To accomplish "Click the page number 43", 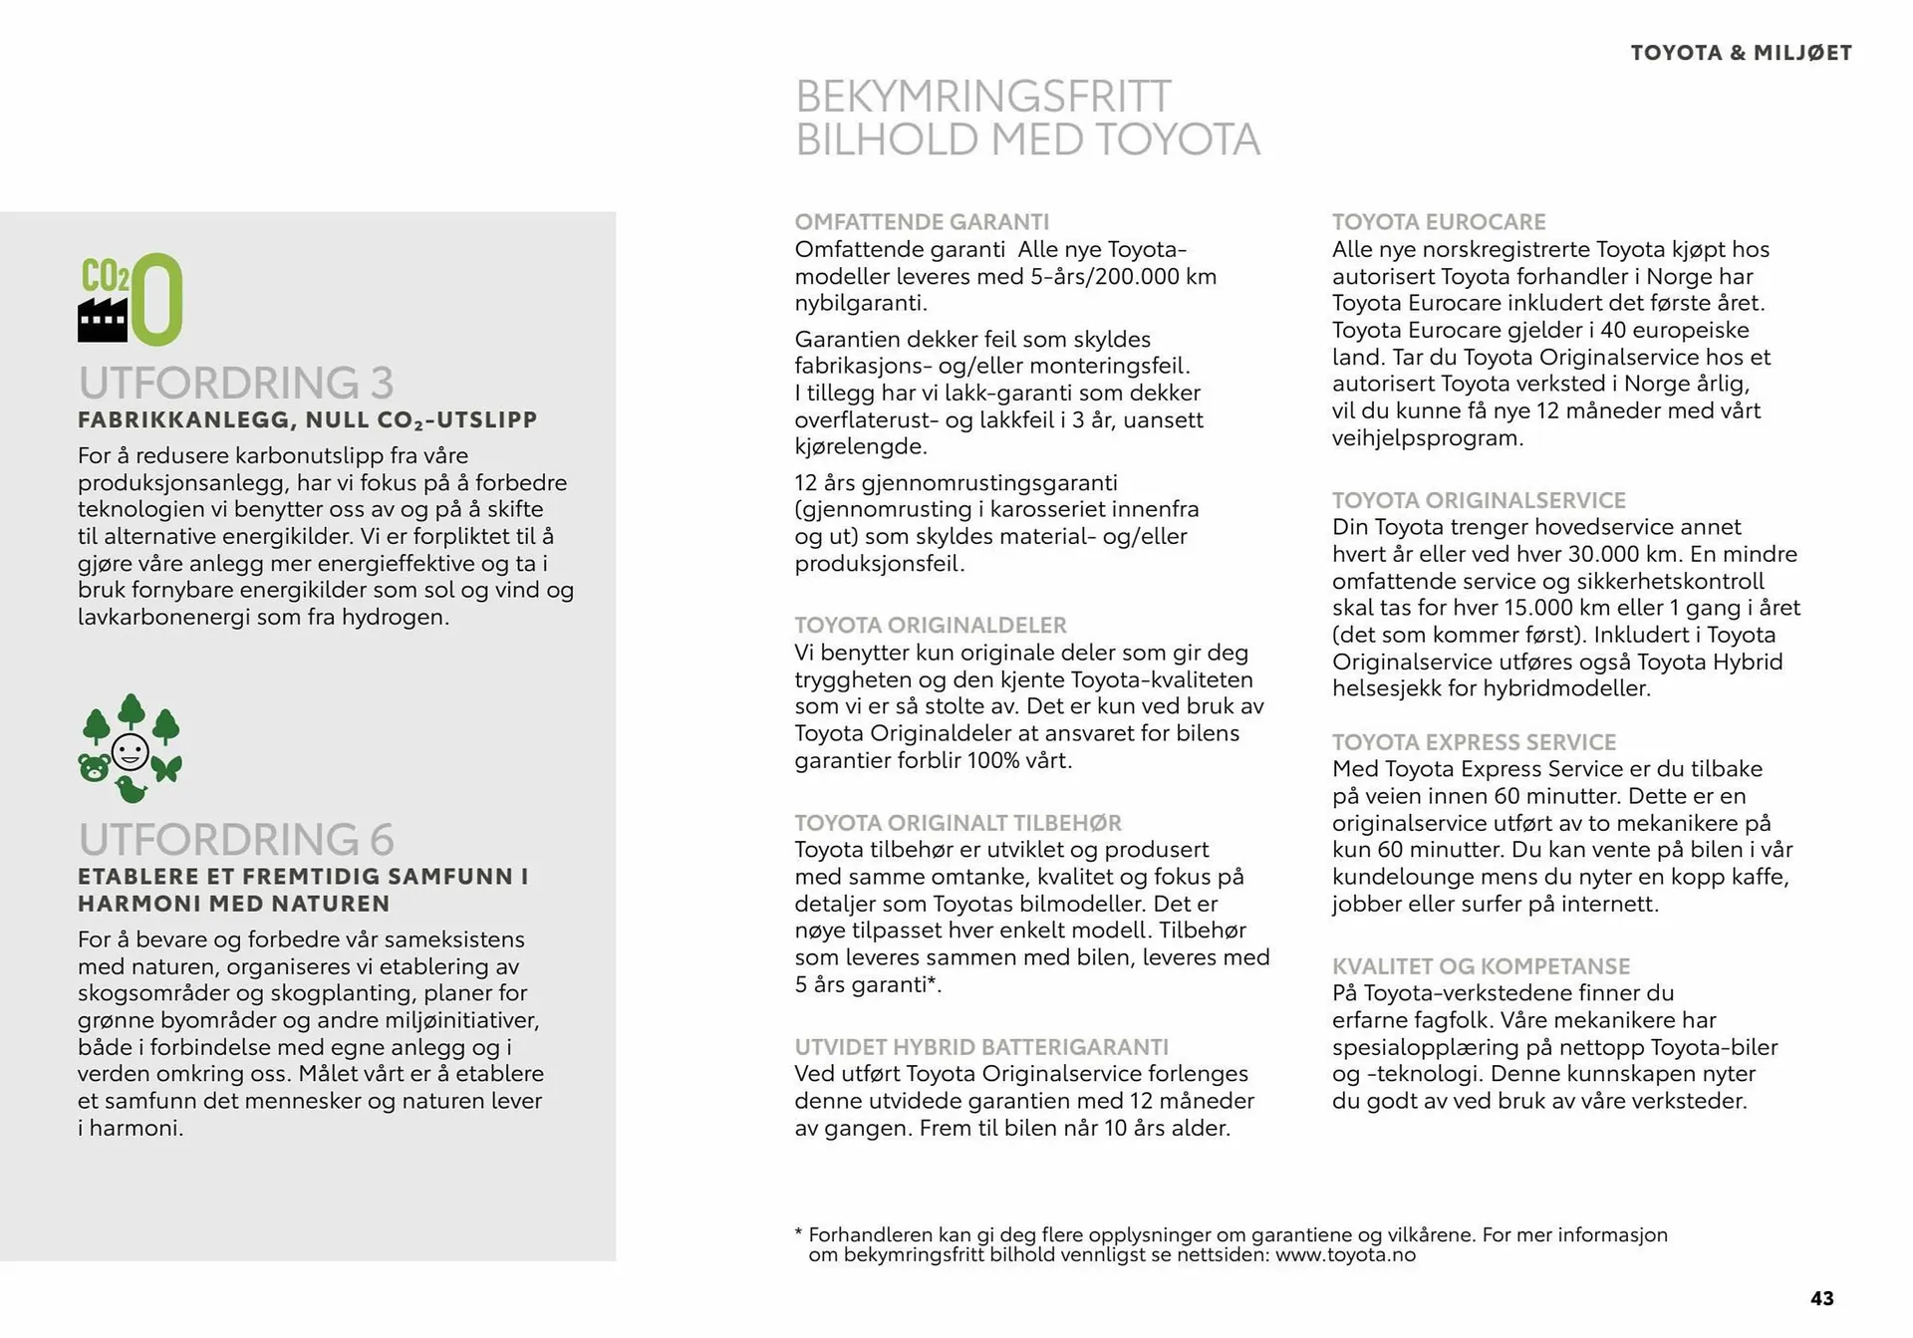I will (1821, 1298).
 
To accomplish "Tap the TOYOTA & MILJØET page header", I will (1741, 53).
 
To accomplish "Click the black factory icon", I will (102, 320).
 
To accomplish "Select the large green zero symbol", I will (157, 299).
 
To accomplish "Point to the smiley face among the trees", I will (131, 751).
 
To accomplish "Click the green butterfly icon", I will (166, 768).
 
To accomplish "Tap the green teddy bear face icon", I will (95, 768).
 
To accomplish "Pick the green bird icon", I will (131, 790).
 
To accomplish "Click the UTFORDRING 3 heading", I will (236, 383).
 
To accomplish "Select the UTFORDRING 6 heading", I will (236, 839).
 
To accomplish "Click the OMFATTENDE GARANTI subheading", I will (922, 222).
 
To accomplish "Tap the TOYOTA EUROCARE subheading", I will (1439, 222).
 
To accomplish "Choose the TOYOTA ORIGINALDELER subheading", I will (931, 625).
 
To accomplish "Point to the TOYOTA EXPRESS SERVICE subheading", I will (1474, 742).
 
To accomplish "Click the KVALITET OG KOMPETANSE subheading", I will (1481, 965).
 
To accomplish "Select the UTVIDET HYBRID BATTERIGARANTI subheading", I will (981, 1047).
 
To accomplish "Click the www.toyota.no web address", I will (1345, 1254).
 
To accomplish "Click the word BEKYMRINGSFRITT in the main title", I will (983, 97).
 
